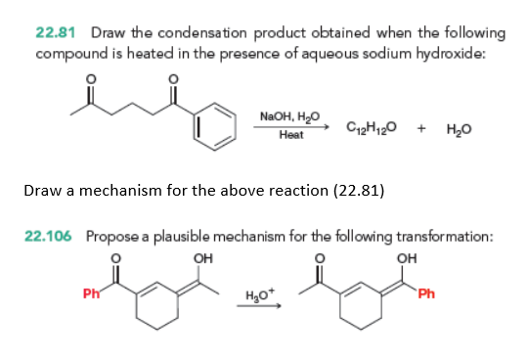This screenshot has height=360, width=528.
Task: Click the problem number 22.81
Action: [x=56, y=33]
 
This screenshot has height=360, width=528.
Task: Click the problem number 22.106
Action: [x=48, y=236]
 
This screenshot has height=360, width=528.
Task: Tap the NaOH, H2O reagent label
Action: [x=289, y=116]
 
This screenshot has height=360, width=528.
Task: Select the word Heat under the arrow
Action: [x=291, y=135]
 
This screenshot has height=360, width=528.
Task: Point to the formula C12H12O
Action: [x=372, y=127]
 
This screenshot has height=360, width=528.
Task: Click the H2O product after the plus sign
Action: [x=460, y=129]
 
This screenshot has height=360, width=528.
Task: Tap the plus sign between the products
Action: [x=421, y=128]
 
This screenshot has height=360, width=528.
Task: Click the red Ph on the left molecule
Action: [x=91, y=293]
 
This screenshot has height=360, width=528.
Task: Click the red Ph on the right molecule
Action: [x=426, y=293]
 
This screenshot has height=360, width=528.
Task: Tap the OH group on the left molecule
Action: [x=203, y=258]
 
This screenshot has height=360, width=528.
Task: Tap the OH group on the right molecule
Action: [x=407, y=258]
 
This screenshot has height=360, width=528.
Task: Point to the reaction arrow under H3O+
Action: [x=259, y=306]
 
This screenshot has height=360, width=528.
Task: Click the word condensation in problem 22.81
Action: [x=202, y=33]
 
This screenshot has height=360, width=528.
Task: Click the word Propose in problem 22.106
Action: [x=112, y=237]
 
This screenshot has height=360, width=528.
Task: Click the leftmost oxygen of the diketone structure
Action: [x=90, y=79]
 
